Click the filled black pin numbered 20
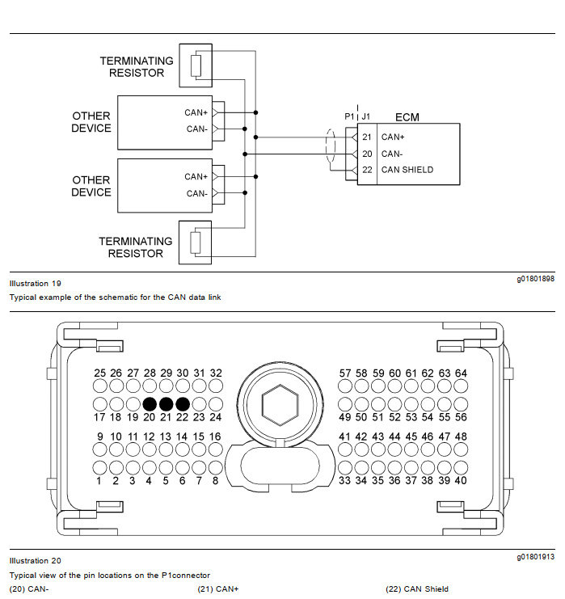(150, 404)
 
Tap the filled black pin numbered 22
(183, 404)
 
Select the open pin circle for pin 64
(461, 386)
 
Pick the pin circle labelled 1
(99, 467)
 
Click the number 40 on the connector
(461, 481)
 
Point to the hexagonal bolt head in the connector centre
(280, 405)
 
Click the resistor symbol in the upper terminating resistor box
(196, 65)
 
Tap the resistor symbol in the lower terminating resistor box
(196, 243)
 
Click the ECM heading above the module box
(407, 117)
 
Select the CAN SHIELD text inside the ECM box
(407, 170)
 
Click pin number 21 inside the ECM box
(367, 137)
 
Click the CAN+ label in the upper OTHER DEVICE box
(196, 112)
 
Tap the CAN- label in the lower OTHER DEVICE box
(197, 194)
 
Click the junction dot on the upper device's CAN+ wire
(255, 112)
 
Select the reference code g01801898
(536, 279)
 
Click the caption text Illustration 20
(35, 561)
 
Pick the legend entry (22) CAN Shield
(417, 589)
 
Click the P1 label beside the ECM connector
(349, 116)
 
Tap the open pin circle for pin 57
(345, 386)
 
